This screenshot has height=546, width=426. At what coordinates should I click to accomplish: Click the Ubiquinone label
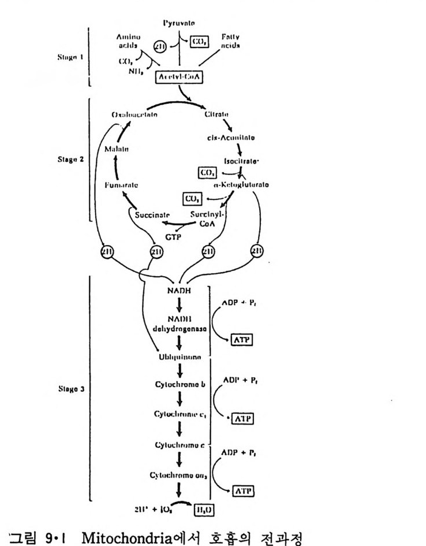pos(181,358)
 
